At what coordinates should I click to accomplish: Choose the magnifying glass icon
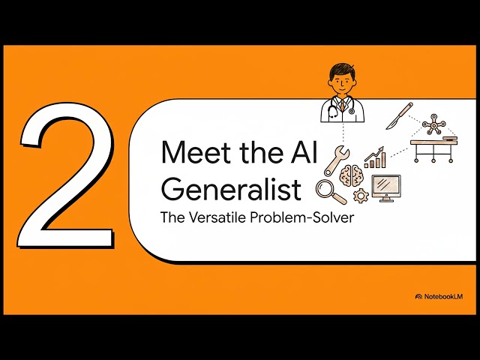pos(328,191)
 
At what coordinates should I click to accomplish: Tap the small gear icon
pos(361,195)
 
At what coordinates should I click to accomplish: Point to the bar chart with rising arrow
pos(374,157)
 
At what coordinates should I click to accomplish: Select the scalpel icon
pos(399,116)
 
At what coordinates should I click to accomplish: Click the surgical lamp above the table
pos(434,124)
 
